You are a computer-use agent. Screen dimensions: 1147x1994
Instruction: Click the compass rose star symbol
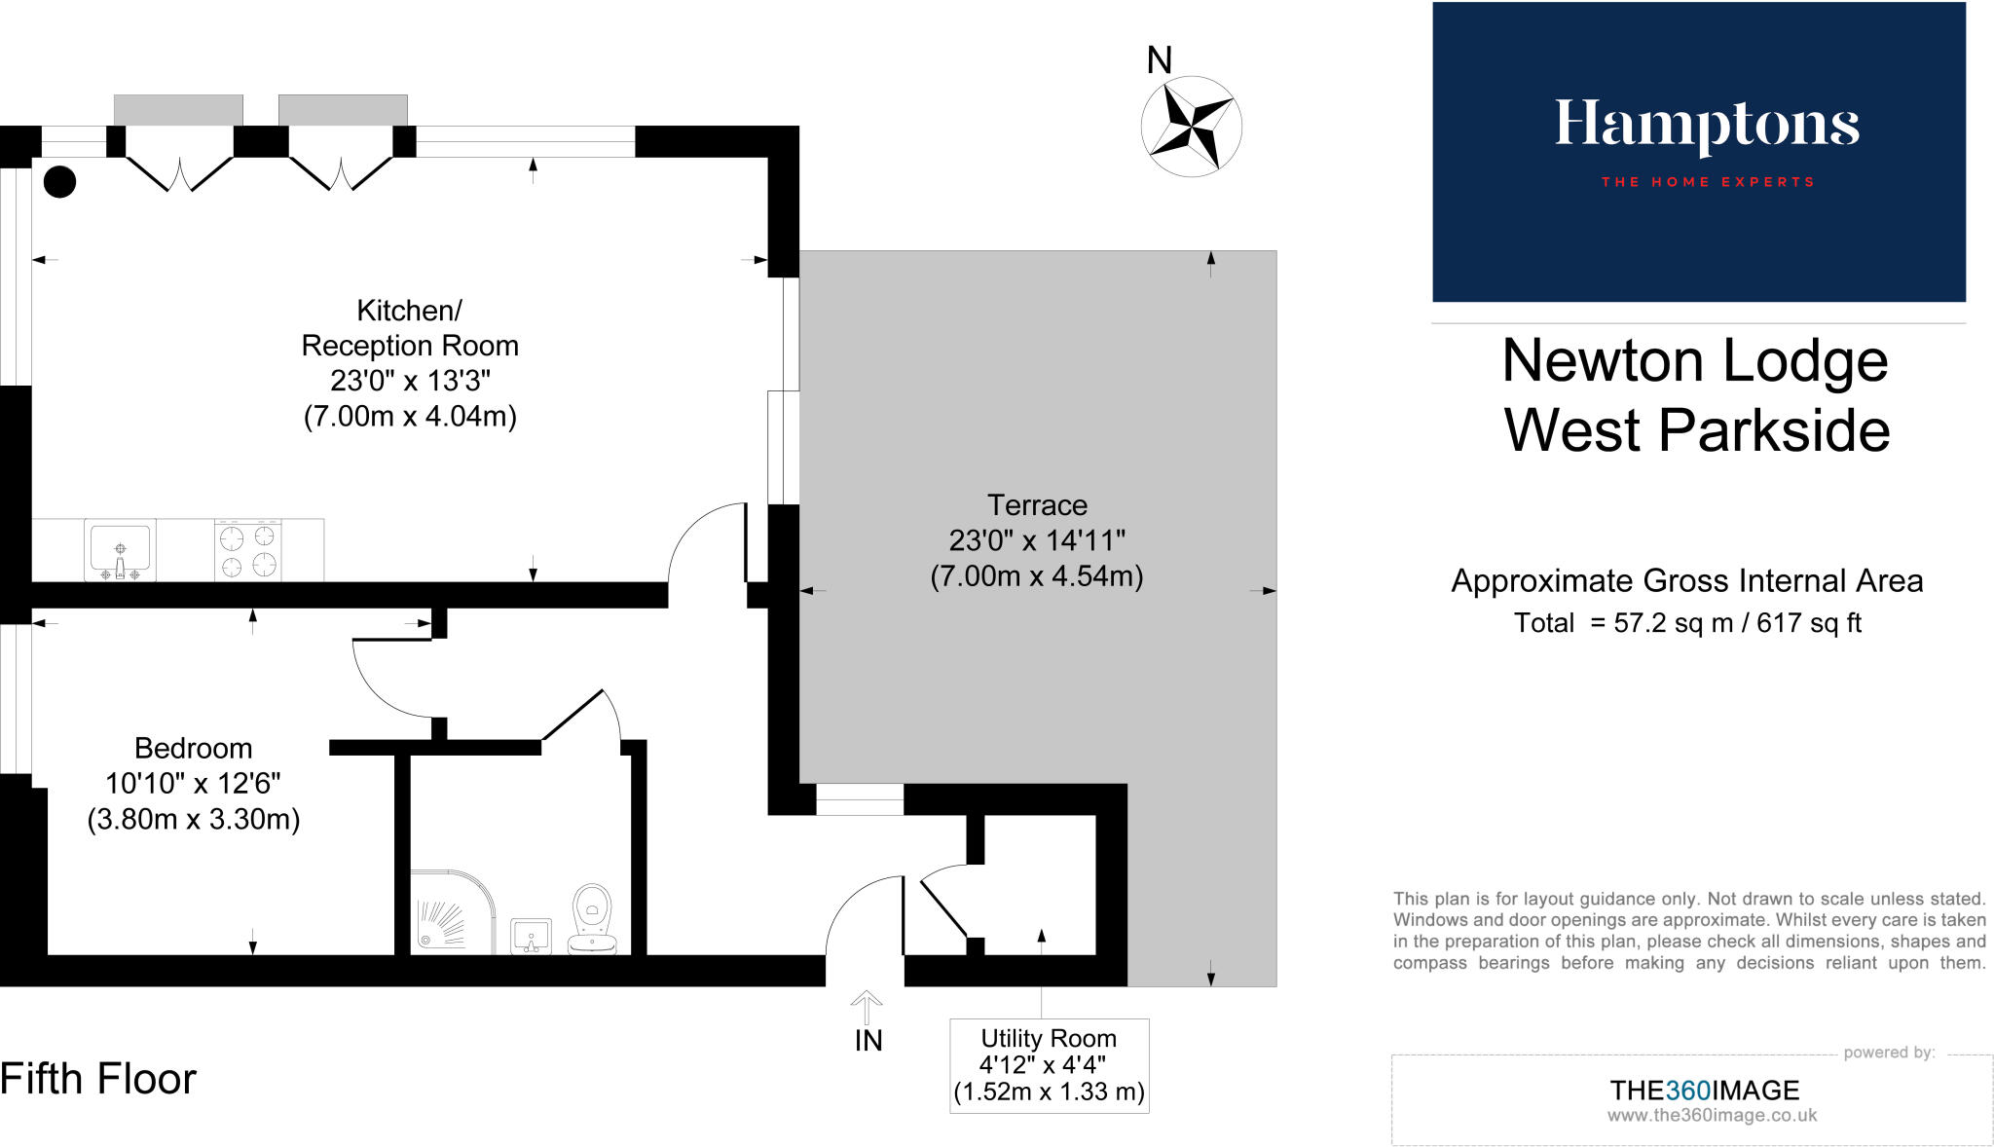pyautogui.click(x=1191, y=127)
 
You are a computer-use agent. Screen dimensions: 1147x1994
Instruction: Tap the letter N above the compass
pyautogui.click(x=1159, y=60)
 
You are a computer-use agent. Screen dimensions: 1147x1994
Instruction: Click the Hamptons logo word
pyautogui.click(x=1706, y=126)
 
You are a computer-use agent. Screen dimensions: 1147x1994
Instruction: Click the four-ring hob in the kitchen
pyautogui.click(x=248, y=550)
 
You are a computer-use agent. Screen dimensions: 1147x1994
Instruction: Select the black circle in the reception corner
pyautogui.click(x=59, y=182)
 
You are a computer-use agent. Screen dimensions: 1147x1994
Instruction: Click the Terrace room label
pyautogui.click(x=1037, y=505)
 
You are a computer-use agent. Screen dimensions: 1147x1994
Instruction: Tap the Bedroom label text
pyautogui.click(x=193, y=748)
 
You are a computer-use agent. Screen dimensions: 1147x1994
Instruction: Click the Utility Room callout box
pyautogui.click(x=1049, y=1065)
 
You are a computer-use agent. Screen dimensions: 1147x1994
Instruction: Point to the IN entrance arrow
pyautogui.click(x=867, y=1008)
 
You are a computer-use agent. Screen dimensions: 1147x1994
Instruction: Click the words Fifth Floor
pyautogui.click(x=98, y=1079)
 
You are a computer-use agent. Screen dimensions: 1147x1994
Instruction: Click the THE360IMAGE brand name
pyautogui.click(x=1704, y=1091)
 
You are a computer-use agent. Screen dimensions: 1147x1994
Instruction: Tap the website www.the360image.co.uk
pyautogui.click(x=1712, y=1116)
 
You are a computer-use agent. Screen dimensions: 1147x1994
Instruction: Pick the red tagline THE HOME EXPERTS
pyautogui.click(x=1708, y=182)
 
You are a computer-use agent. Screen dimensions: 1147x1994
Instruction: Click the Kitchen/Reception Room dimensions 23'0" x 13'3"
pyautogui.click(x=410, y=381)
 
